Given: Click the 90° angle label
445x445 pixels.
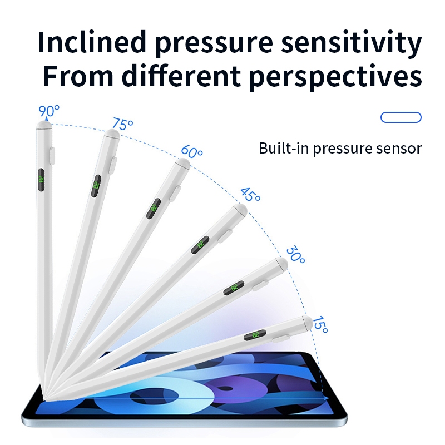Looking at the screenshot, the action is (x=49, y=111).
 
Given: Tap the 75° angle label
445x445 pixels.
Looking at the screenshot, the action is (x=122, y=124).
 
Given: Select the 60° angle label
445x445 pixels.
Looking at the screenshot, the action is (x=192, y=151).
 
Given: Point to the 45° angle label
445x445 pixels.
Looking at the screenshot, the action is (x=250, y=195).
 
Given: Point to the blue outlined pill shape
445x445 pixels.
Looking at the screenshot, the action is (x=401, y=117).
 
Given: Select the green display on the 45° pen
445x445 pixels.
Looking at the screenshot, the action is (x=201, y=244).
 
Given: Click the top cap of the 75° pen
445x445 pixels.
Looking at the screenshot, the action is (x=113, y=133).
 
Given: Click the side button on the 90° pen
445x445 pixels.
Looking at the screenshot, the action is (x=53, y=155).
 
